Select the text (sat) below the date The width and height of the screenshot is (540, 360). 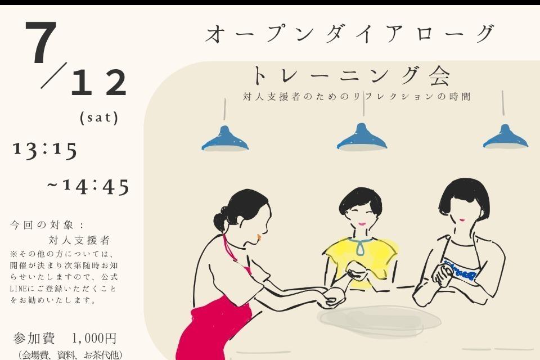100,118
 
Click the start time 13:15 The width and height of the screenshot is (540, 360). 45,150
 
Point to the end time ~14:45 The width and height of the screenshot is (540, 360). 88,187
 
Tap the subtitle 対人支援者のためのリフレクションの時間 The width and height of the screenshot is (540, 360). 357,97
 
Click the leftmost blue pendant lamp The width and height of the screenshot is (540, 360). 225,139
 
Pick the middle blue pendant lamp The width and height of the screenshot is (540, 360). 362,138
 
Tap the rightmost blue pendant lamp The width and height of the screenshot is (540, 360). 505,138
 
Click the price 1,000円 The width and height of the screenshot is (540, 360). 94,339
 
